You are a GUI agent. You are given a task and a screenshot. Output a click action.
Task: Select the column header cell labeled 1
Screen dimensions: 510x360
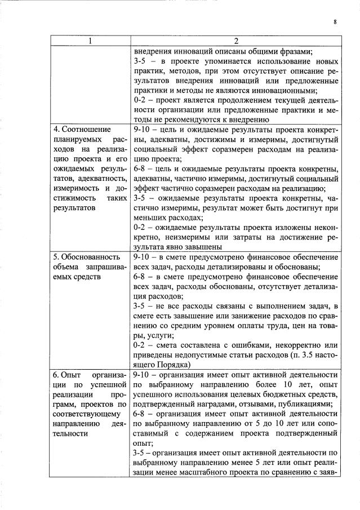tap(91, 41)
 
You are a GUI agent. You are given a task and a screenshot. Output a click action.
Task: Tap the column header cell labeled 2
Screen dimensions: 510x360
tap(236, 41)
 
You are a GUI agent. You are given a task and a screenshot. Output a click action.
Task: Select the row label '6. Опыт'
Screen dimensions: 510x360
tap(68, 374)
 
